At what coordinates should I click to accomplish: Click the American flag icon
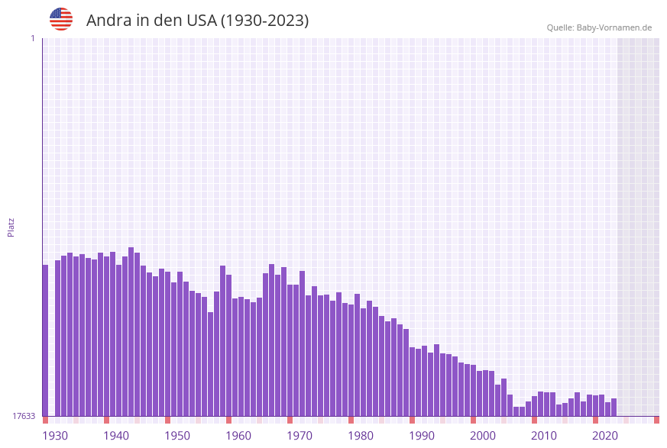pos(61,19)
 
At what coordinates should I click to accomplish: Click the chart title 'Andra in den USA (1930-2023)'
pos(197,21)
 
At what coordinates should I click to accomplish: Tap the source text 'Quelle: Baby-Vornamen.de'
pos(599,27)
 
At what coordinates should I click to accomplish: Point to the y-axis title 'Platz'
pos(11,227)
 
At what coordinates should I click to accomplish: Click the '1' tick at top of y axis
pos(32,38)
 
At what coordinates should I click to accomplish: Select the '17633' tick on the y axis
pos(23,416)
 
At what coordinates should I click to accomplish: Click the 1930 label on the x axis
pos(54,435)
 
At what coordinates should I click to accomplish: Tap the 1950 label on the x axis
pos(176,435)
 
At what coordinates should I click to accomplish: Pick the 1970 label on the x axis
pos(299,435)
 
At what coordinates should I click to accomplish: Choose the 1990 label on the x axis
pos(421,435)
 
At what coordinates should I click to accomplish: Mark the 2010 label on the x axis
pos(543,435)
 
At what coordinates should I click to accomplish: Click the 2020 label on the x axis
pos(604,435)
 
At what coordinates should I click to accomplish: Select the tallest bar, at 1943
pos(131,332)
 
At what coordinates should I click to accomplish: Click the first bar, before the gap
pos(45,340)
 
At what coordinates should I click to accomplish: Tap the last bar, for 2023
pos(614,408)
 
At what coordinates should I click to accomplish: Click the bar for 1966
pos(271,340)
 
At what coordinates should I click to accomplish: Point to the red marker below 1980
pos(351,420)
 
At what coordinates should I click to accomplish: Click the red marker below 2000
pos(473,420)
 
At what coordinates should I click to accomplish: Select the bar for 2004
pos(503,398)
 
